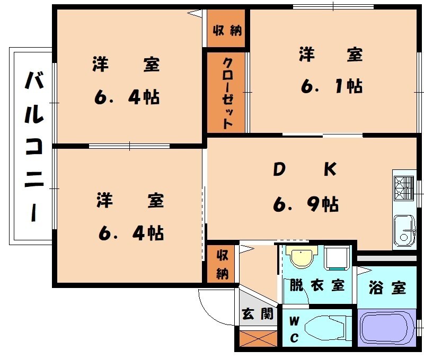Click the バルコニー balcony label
coord(34,146)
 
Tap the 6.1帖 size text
coord(332,85)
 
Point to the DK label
coord(304,169)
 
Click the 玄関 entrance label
coord(258,314)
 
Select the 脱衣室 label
coord(317,285)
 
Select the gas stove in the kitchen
coord(404,186)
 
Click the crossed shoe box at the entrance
coord(258,338)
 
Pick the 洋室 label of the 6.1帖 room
coord(331,55)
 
